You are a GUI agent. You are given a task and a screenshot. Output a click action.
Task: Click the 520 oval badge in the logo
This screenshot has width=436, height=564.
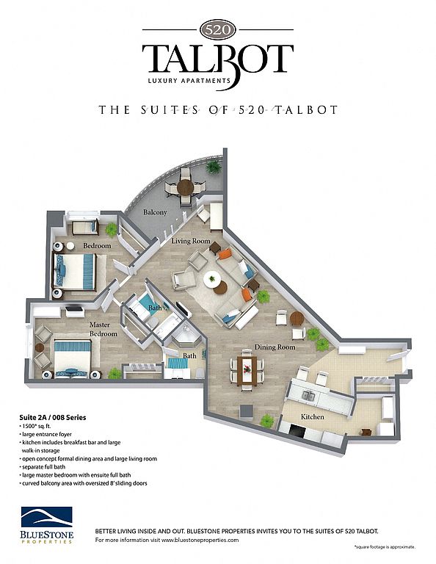click(x=218, y=29)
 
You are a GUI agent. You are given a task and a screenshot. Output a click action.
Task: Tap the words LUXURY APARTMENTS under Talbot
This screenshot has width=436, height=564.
click(x=189, y=81)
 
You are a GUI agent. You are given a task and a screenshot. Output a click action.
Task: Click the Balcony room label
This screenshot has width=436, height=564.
click(x=155, y=212)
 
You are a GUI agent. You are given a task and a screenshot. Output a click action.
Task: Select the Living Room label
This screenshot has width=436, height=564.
click(x=191, y=241)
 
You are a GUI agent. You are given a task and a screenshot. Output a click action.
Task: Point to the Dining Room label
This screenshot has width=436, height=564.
click(x=275, y=347)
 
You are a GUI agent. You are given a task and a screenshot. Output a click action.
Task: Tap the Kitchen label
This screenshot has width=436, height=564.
click(x=313, y=417)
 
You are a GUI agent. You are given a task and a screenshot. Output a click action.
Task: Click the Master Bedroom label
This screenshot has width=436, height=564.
click(x=103, y=329)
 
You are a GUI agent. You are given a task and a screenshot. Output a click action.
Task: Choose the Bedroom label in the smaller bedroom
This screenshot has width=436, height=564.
click(x=97, y=246)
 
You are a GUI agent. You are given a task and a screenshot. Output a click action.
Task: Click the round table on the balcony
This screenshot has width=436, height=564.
click(x=186, y=187)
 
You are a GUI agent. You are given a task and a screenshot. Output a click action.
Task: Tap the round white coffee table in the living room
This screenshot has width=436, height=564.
click(x=212, y=279)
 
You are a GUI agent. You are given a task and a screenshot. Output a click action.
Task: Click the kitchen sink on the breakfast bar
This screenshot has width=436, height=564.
click(x=308, y=396)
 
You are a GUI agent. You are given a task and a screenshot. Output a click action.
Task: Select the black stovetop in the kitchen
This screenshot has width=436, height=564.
click(x=297, y=431)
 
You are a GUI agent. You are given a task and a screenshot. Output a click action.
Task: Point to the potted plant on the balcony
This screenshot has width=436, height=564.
click(x=214, y=167)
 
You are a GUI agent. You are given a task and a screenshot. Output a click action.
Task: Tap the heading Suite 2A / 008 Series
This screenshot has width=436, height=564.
click(x=52, y=418)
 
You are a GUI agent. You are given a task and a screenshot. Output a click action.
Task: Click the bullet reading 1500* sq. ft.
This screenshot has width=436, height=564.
click(x=35, y=426)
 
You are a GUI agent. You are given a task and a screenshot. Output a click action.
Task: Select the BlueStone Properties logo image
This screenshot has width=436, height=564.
click(x=47, y=524)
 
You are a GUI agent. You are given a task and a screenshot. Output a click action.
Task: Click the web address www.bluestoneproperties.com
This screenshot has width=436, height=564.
click(x=200, y=540)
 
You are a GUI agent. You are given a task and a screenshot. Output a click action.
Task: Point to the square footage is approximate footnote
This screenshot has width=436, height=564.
click(x=385, y=547)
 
